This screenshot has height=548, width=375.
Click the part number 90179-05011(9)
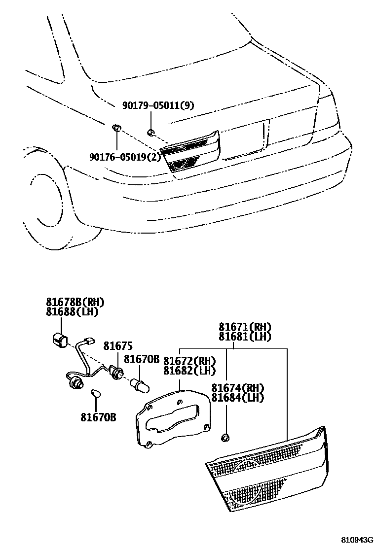[158, 105]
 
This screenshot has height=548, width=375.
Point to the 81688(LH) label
[72, 312]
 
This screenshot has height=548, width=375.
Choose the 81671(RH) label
[245, 327]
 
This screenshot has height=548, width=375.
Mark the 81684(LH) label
[237, 398]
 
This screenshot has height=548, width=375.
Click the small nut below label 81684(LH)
[226, 437]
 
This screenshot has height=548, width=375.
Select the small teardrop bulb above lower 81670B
[97, 394]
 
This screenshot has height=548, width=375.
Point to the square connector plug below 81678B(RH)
[60, 340]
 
